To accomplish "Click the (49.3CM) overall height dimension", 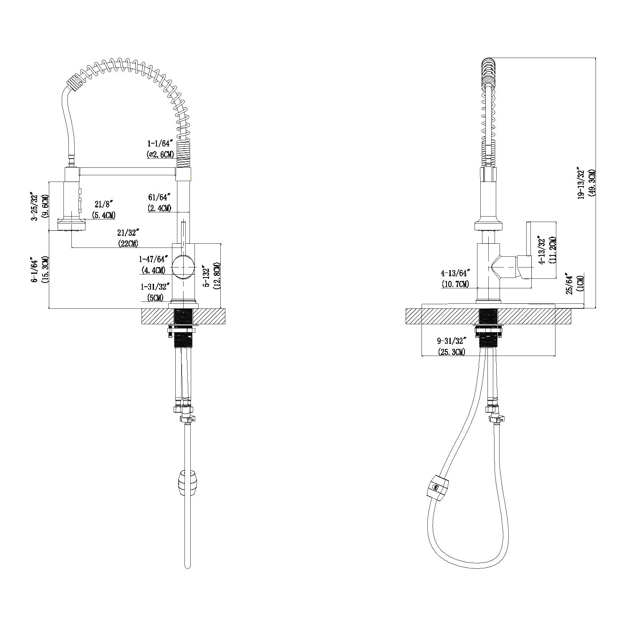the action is click(592, 182).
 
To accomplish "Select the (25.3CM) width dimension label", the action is click(452, 352).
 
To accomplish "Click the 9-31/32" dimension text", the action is click(452, 341).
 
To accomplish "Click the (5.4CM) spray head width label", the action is click(103, 215).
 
